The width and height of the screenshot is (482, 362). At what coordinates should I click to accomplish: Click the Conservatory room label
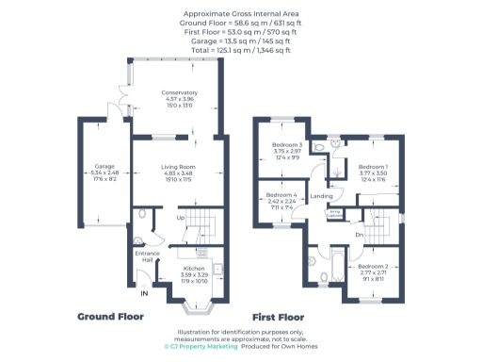[x=179, y=92]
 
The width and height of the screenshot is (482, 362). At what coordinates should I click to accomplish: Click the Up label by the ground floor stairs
[x=181, y=217]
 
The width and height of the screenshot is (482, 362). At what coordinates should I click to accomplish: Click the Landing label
[x=321, y=196]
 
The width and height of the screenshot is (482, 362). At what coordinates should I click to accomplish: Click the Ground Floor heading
[x=110, y=317]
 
